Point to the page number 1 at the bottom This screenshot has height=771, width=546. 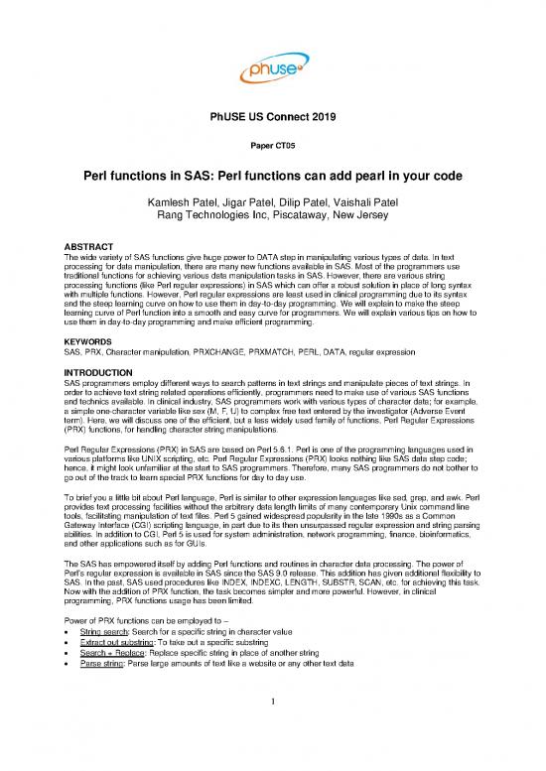pos(272,733)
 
